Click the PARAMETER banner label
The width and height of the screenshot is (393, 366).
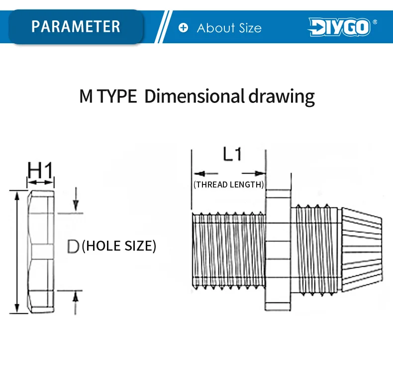coord(76,26)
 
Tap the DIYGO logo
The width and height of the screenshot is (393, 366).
coord(339,27)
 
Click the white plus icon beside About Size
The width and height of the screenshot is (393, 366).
coord(183,27)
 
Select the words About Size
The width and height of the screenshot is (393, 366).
coord(229,27)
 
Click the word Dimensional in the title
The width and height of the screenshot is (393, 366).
coord(194,96)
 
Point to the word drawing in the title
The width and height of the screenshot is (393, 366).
coord(282,97)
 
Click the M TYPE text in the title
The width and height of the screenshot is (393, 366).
coord(108,96)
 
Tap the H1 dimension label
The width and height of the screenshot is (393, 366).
coord(40,170)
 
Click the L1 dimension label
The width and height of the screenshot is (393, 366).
coord(232,154)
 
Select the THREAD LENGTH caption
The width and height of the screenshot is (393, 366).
coord(228,184)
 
